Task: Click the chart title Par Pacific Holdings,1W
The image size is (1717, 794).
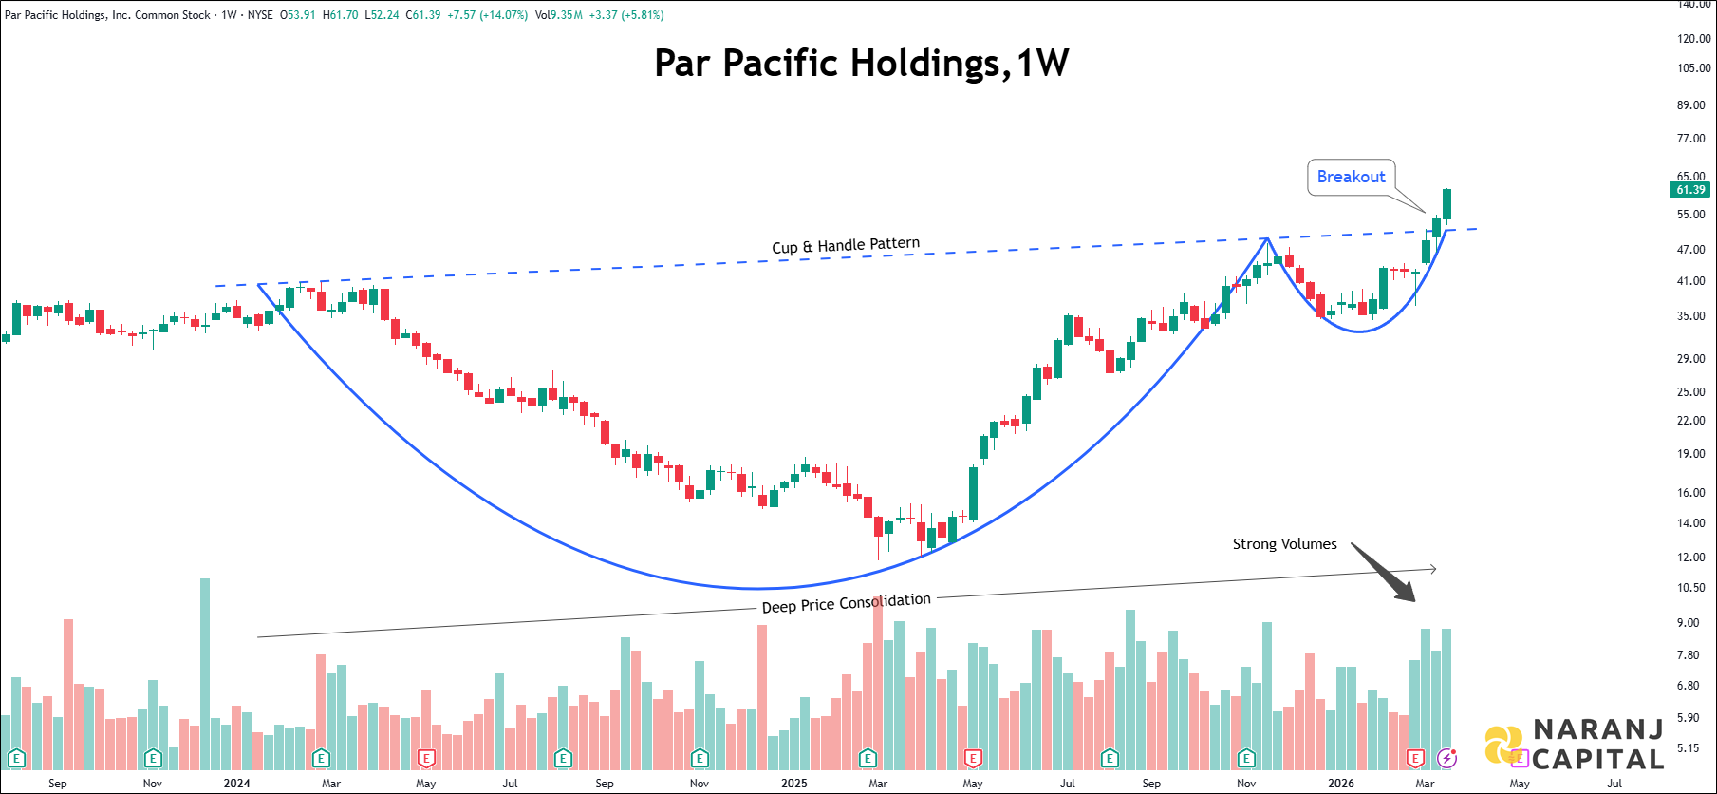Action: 861,64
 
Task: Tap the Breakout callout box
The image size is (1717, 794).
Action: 1351,177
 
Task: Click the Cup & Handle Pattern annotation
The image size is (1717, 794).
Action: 845,246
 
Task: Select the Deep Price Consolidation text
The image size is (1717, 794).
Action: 846,603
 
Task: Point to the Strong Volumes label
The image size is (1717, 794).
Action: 1284,544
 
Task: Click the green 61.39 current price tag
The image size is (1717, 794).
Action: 1690,190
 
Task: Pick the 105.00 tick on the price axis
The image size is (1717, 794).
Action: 1693,68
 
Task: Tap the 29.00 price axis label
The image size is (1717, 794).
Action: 1690,358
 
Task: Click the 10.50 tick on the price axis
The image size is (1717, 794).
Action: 1690,588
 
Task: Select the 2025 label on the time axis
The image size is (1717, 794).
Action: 793,784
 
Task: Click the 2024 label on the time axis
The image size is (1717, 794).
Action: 236,784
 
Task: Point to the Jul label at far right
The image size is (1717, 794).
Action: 1614,784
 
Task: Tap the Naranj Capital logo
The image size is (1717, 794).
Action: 1575,744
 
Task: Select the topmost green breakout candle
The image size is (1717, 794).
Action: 1446,203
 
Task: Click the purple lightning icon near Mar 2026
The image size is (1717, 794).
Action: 1446,758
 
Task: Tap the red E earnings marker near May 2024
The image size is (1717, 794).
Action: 426,758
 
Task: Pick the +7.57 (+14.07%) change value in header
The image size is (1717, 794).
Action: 487,15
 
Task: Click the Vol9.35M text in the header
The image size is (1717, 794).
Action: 558,15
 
